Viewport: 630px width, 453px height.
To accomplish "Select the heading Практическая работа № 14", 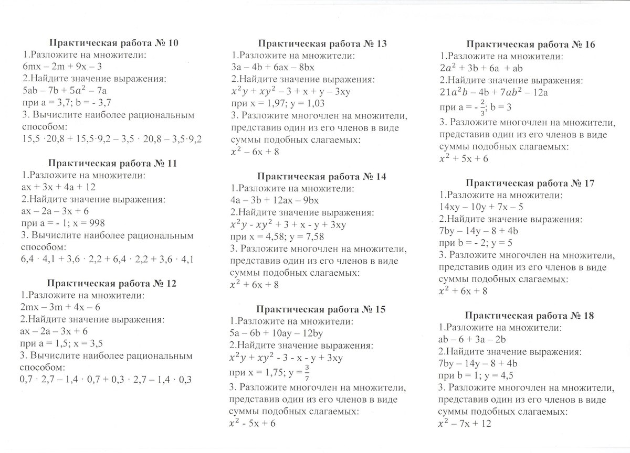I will (x=322, y=177).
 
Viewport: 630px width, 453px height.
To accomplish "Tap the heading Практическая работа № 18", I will (x=530, y=316).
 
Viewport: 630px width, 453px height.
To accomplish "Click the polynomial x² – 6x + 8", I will (x=255, y=152).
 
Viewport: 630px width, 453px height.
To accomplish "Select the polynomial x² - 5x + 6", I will (x=253, y=423).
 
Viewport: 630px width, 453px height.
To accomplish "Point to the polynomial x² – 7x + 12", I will (x=465, y=423).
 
